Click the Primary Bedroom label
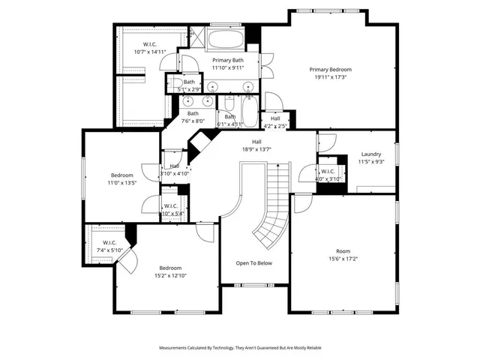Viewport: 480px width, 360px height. pyautogui.click(x=330, y=69)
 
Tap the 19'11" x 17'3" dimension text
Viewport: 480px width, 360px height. pyautogui.click(x=330, y=76)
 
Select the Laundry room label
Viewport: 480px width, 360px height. pyautogui.click(x=371, y=154)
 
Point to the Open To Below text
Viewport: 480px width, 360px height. pyautogui.click(x=254, y=263)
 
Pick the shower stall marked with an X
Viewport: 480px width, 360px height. pyautogui.click(x=196, y=37)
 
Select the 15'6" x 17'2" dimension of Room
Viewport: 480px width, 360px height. pyautogui.click(x=343, y=259)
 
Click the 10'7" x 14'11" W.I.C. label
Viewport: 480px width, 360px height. pyautogui.click(x=149, y=52)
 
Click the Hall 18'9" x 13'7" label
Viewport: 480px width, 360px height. pyautogui.click(x=256, y=145)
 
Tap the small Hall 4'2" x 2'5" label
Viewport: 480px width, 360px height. pyautogui.click(x=275, y=121)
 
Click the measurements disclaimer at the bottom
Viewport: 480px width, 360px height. pyautogui.click(x=239, y=348)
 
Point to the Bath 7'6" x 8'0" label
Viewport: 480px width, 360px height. pyautogui.click(x=193, y=117)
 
